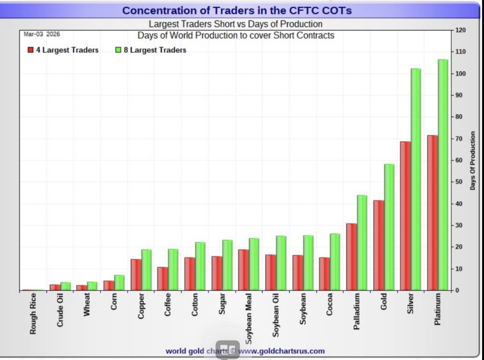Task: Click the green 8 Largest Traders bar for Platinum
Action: [x=443, y=175]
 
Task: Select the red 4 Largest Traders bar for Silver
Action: [x=405, y=216]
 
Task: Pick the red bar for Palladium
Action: [x=351, y=257]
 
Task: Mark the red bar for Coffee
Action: [x=163, y=279]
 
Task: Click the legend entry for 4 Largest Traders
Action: [x=63, y=50]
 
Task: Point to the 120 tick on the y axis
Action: [x=461, y=30]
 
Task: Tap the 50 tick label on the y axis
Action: [x=459, y=182]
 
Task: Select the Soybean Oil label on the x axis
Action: [x=276, y=315]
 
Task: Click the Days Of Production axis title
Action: [x=473, y=161]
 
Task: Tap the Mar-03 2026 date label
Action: [x=42, y=34]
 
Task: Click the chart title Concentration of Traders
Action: [x=237, y=10]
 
